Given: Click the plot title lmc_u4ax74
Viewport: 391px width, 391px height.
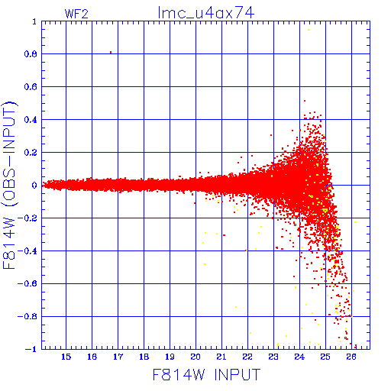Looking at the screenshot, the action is pyautogui.click(x=206, y=13).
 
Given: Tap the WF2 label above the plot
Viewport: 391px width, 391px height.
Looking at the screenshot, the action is pyautogui.click(x=76, y=14).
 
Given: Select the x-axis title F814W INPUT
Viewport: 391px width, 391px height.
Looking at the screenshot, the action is pyautogui.click(x=206, y=374).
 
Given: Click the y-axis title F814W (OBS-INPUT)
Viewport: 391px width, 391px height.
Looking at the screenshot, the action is pyautogui.click(x=9, y=185).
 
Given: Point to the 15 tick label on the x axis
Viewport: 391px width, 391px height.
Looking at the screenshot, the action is pyautogui.click(x=66, y=357).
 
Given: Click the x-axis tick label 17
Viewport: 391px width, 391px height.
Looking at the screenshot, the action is pyautogui.click(x=118, y=357).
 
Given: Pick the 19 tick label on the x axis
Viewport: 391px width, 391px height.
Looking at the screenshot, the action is pyautogui.click(x=170, y=357).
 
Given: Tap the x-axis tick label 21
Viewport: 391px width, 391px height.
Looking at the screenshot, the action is pyautogui.click(x=221, y=357).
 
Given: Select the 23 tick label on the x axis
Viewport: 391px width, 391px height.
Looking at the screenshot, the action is pyautogui.click(x=273, y=357).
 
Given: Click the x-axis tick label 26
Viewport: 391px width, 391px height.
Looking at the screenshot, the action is pyautogui.click(x=351, y=357).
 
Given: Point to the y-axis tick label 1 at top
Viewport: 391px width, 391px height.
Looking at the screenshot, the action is pyautogui.click(x=34, y=21).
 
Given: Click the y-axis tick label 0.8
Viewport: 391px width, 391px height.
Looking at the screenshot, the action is pyautogui.click(x=31, y=54).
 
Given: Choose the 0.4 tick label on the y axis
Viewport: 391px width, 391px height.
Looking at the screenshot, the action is pyautogui.click(x=31, y=120).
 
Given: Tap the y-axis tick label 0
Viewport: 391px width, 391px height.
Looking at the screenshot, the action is pyautogui.click(x=34, y=185).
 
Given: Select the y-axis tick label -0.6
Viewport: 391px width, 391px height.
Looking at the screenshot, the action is pyautogui.click(x=27, y=283).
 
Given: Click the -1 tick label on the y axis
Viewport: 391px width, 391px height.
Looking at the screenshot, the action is pyautogui.click(x=31, y=349).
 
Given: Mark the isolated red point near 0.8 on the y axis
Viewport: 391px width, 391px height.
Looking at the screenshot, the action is pyautogui.click(x=111, y=52).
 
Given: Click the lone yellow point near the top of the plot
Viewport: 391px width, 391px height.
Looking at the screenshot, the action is pyautogui.click(x=309, y=30).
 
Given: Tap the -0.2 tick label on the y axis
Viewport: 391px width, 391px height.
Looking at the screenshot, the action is pyautogui.click(x=27, y=218).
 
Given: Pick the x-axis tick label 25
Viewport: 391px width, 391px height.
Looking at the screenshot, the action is pyautogui.click(x=325, y=357).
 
